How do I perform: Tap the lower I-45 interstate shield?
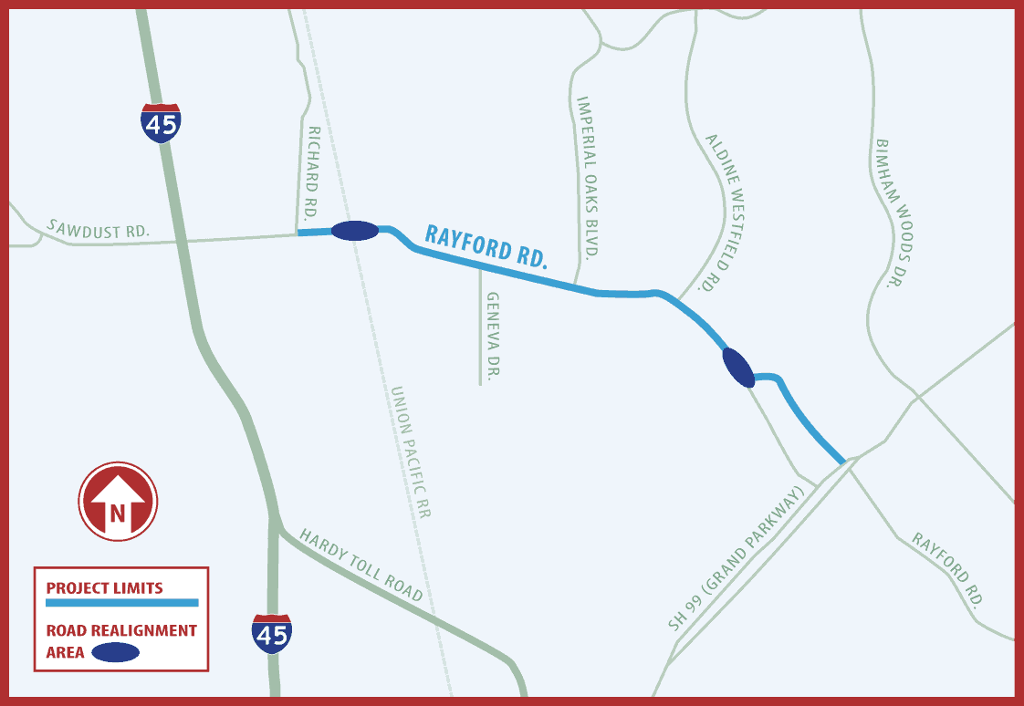coord(272,634)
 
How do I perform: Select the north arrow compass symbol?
coord(118,502)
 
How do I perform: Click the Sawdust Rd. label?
coord(99,229)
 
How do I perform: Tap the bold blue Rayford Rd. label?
coord(486,246)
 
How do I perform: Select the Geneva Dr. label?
coord(493,337)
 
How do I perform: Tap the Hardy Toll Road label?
coord(361,566)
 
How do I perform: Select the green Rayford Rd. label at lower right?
coord(948,571)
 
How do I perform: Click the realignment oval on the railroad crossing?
coord(355,231)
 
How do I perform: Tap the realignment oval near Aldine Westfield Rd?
coord(737,368)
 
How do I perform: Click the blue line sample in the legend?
coord(121,603)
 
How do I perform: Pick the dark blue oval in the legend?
coord(116,652)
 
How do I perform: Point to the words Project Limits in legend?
coord(104,587)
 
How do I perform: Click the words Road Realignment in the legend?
coord(121,630)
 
